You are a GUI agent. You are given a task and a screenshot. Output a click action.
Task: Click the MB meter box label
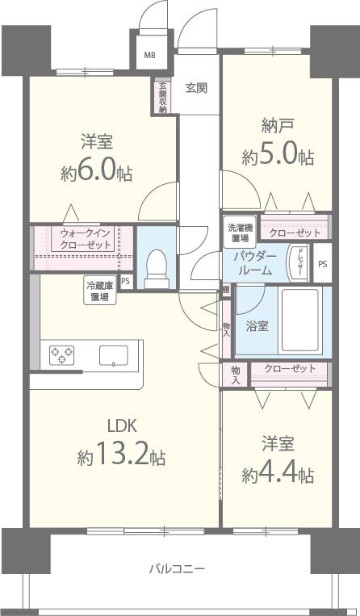(150, 56)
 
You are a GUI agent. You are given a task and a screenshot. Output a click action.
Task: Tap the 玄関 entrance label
(196, 87)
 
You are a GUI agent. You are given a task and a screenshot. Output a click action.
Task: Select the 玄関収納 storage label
(162, 97)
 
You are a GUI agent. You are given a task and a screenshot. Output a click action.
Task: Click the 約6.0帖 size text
(96, 172)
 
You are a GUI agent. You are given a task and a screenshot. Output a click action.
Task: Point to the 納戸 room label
(277, 127)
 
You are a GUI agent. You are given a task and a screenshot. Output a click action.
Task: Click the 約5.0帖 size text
(278, 156)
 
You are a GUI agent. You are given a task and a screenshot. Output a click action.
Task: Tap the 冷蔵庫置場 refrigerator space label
(101, 290)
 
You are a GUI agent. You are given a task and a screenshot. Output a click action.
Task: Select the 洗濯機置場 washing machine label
(239, 233)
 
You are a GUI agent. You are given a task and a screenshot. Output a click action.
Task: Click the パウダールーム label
(256, 263)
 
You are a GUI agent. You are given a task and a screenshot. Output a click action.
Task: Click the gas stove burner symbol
(62, 354)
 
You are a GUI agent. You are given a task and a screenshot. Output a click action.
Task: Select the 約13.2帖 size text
(121, 457)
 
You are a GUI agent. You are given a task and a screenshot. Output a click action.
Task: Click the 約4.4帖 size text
(278, 473)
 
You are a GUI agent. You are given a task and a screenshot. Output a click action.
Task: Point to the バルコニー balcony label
(177, 568)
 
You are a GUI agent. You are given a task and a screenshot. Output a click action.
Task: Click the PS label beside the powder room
(322, 264)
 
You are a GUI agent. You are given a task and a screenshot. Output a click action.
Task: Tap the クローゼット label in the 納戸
(295, 233)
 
